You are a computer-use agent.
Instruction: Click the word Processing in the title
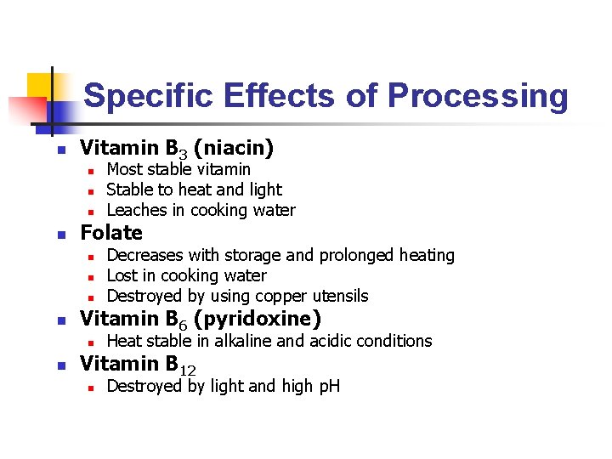click(478, 96)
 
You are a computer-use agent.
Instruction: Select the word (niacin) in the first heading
click(234, 149)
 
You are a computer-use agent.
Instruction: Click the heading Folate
click(110, 233)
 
